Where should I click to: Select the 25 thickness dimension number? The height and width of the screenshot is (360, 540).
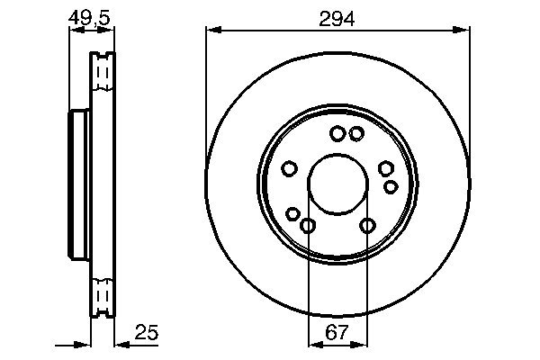147,333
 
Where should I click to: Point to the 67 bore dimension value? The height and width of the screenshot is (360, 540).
337,333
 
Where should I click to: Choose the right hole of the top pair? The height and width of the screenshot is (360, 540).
356,134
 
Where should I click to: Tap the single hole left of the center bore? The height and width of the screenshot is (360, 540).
290,168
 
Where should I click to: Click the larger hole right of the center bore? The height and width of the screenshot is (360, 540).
386,168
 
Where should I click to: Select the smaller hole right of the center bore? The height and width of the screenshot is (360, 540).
391,186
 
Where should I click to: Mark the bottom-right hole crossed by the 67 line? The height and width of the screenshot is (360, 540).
367,225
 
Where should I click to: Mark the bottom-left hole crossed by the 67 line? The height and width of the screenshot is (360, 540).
308,225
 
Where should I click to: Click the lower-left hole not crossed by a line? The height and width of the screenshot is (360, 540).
292,213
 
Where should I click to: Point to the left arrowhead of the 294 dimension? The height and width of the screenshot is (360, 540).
211,30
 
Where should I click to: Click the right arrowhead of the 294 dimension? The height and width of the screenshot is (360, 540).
465,30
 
